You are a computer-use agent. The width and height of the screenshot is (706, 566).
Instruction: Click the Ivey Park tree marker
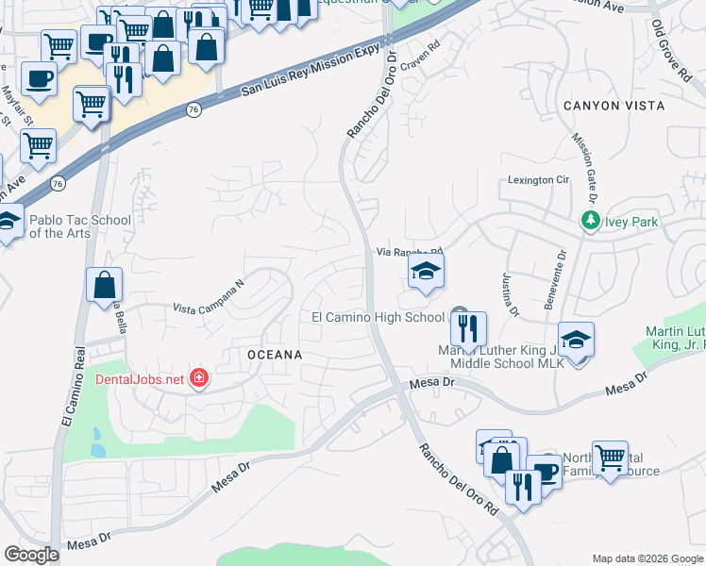591,222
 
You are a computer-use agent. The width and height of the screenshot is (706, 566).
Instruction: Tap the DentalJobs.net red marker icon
198,379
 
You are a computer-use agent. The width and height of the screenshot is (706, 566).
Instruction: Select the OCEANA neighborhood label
275,355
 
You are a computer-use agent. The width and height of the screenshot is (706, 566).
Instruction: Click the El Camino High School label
378,318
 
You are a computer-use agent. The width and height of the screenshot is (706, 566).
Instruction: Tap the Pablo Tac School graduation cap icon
8,223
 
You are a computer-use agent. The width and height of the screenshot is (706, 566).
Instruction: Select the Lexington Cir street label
540,179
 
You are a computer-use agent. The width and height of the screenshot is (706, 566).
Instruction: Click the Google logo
31,555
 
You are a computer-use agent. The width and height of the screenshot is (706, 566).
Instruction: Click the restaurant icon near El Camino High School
467,329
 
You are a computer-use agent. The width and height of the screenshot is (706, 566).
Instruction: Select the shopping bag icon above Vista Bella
104,283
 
